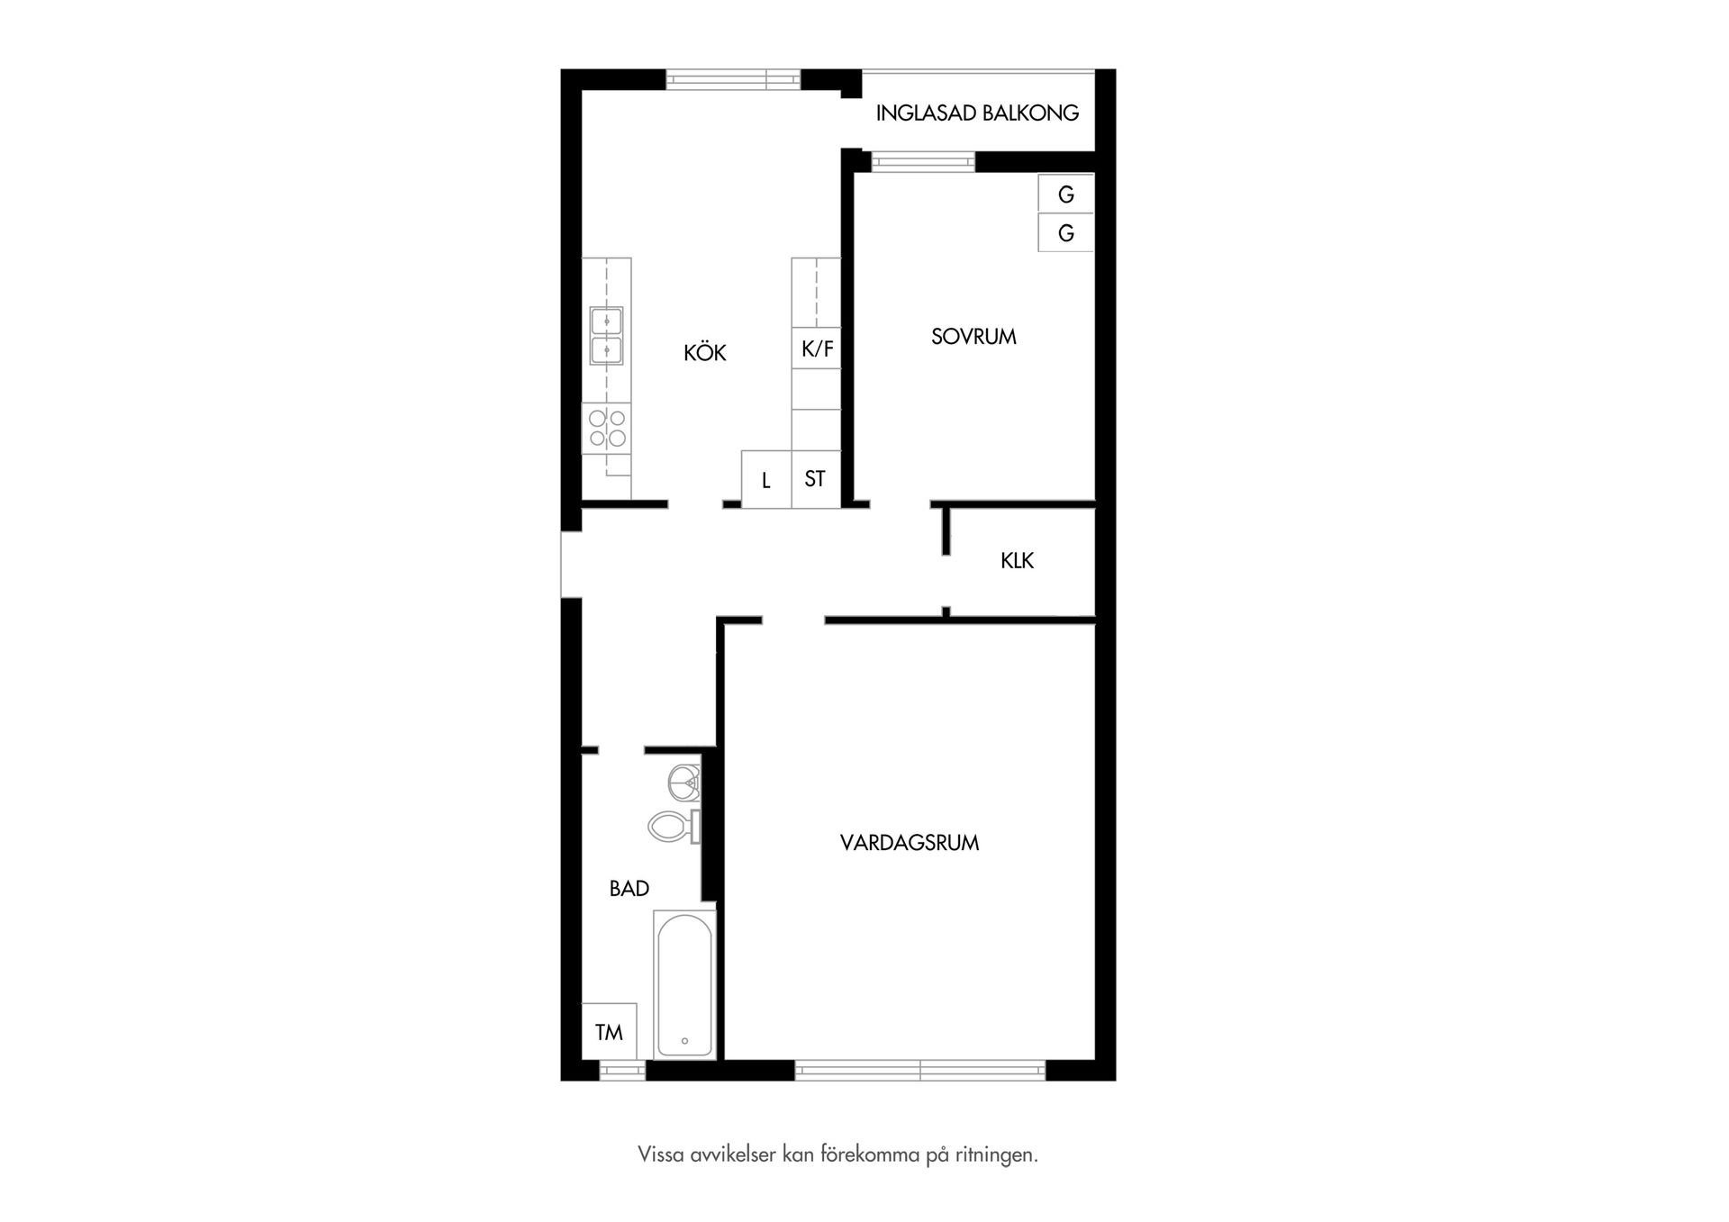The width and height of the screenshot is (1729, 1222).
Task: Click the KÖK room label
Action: point(704,353)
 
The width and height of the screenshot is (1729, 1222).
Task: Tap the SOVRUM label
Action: point(973,337)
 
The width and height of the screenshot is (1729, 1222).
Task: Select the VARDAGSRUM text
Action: point(909,843)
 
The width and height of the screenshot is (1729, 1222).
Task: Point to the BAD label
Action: point(629,889)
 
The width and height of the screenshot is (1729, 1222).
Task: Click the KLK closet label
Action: point(1017,561)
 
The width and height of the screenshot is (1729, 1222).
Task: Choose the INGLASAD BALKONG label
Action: point(977,113)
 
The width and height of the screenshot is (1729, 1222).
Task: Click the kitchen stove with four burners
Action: point(606,429)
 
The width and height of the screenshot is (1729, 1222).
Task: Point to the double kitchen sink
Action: point(606,335)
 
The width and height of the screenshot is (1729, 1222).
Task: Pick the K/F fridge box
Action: point(817,348)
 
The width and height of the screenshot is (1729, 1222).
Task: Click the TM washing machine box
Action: point(609,1032)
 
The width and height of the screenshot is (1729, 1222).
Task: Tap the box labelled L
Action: point(766,480)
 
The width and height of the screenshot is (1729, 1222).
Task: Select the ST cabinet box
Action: point(815,479)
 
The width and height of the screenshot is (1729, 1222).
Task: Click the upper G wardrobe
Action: point(1065,194)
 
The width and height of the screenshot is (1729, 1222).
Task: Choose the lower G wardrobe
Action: point(1065,233)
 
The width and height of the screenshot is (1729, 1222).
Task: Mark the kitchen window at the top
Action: point(733,79)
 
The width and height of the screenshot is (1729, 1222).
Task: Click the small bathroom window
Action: point(622,1071)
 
